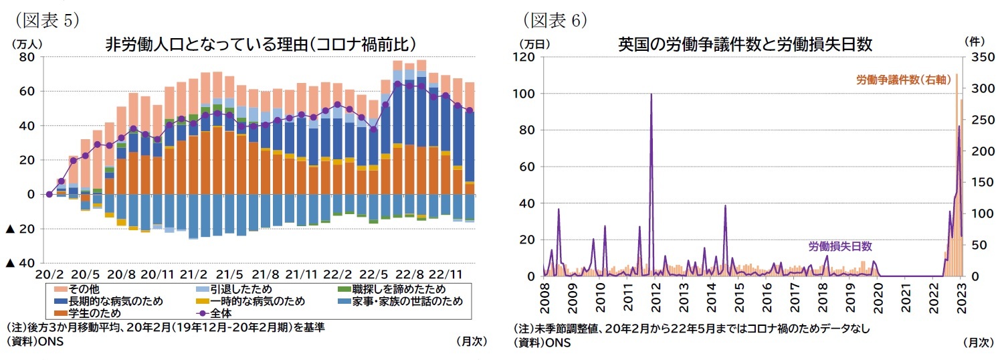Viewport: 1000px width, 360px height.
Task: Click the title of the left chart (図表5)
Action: coord(261,44)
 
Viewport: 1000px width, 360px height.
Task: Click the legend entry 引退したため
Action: coord(232,289)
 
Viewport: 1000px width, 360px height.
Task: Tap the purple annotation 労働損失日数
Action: coord(840,246)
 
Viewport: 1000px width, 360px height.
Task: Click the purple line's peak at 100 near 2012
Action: coord(651,94)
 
